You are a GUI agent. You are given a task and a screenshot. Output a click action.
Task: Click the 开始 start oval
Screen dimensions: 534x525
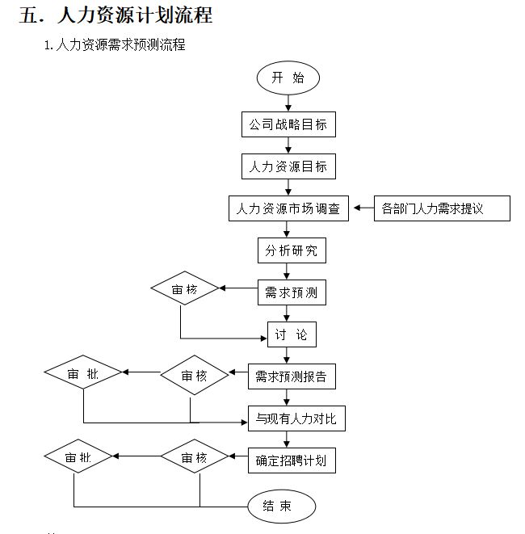click(288, 78)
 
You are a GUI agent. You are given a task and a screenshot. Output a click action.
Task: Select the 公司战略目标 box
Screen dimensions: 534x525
click(288, 125)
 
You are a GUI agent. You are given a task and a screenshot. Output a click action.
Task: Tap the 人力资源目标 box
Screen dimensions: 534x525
click(288, 166)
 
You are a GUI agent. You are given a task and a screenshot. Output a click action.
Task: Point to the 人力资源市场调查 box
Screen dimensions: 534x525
click(288, 208)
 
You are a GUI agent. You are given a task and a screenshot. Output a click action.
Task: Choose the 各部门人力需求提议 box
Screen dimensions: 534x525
click(443, 208)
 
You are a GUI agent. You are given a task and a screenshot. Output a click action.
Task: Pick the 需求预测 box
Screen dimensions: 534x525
click(292, 292)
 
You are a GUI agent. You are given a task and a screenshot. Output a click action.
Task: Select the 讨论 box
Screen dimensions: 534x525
click(291, 334)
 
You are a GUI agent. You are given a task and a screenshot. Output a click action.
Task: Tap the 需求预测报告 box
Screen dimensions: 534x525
click(291, 376)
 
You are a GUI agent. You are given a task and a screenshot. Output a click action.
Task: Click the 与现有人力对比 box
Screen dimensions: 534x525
click(296, 418)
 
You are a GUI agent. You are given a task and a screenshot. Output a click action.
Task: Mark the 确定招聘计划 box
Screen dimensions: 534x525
click(291, 460)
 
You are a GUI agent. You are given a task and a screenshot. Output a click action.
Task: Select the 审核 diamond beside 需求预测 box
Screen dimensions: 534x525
click(185, 288)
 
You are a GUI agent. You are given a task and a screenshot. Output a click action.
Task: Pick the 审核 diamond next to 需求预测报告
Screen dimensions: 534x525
click(194, 376)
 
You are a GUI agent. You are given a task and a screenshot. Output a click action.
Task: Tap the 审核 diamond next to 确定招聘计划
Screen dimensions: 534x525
click(194, 458)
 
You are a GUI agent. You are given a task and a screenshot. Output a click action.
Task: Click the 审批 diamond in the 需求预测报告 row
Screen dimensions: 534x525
click(83, 373)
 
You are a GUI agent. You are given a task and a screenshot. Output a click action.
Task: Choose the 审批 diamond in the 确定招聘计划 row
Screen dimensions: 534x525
click(78, 458)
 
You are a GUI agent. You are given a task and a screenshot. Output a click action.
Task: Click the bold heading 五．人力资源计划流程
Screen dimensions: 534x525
click(115, 15)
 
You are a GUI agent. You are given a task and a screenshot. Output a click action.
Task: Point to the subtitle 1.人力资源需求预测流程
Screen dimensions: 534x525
click(115, 45)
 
